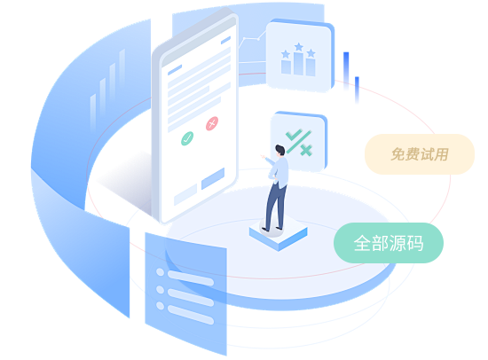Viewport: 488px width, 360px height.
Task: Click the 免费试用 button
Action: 420,154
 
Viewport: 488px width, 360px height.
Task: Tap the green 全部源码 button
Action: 389,243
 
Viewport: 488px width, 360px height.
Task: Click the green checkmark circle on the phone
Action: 187,138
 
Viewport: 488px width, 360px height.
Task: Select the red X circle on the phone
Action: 212,123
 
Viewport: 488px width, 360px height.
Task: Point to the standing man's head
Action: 279,150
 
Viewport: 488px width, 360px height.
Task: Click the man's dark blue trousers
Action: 275,206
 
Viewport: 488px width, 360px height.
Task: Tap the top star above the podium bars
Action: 299,47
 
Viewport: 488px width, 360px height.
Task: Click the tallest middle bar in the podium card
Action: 298,64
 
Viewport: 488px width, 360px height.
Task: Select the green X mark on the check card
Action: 306,150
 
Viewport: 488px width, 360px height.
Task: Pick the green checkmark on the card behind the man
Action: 294,135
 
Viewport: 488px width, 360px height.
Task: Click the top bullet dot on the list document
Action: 160,272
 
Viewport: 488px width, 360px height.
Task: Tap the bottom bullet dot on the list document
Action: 160,306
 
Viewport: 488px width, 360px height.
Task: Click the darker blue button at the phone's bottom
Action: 213,178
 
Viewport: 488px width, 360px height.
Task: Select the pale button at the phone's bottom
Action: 185,195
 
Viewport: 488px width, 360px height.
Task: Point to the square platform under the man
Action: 279,233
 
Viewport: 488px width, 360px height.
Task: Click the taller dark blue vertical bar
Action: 346,70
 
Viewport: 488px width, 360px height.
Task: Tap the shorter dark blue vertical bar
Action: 357,90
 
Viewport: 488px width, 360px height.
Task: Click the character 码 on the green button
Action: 415,243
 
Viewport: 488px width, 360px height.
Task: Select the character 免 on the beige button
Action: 398,154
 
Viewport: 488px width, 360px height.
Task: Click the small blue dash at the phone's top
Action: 225,40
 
